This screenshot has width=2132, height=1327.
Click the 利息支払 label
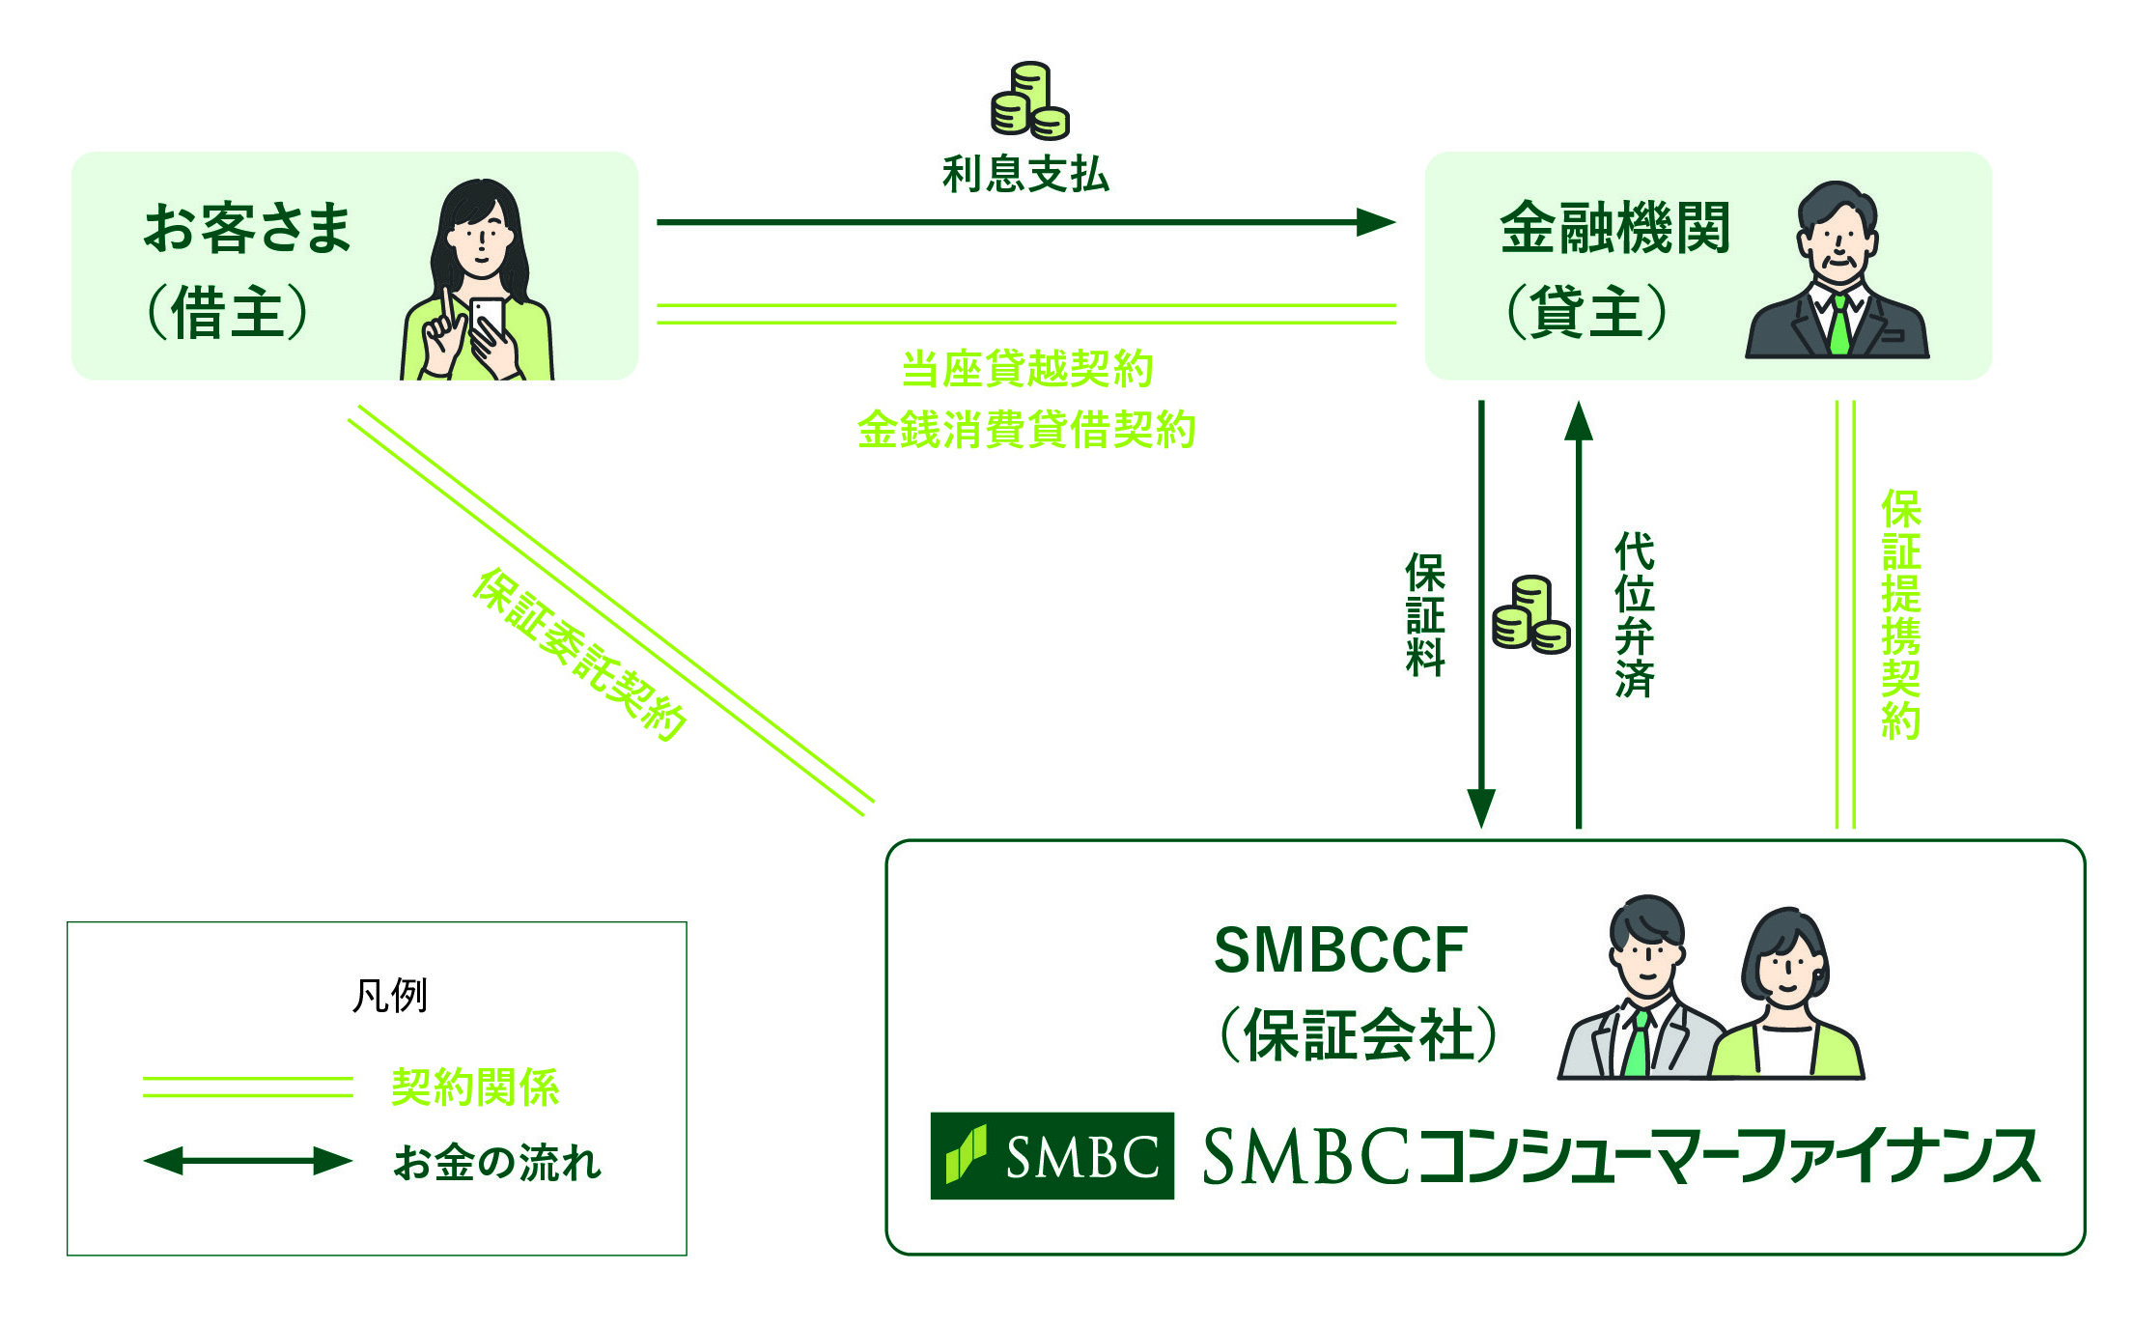1025,175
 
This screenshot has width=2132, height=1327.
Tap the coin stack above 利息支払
1029,101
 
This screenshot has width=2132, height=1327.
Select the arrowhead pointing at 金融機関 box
1377,222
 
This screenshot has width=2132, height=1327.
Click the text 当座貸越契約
1026,369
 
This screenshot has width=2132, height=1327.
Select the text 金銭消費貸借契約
1026,429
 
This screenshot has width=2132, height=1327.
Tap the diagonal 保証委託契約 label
579,655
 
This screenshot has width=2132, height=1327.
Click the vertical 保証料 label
1425,615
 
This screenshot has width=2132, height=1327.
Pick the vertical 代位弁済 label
1634,615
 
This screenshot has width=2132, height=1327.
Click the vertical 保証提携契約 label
1900,615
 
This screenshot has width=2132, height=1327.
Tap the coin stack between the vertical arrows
1530,616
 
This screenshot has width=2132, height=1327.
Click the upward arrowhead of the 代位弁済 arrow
1578,422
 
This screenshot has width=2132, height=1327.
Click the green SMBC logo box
1052,1156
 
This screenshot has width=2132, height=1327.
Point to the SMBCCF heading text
1340,950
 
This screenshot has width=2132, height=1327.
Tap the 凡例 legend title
390,996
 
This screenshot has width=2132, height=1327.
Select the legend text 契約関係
475,1087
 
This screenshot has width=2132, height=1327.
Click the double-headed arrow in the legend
248,1161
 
